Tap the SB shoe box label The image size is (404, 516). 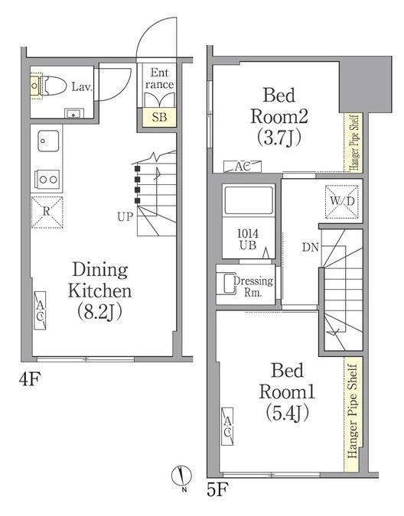click(x=159, y=117)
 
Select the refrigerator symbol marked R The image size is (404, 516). click(x=47, y=212)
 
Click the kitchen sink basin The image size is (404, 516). click(x=48, y=141)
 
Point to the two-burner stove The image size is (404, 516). click(x=47, y=180)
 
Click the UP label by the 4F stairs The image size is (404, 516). click(x=125, y=216)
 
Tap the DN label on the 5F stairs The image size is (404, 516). click(x=311, y=247)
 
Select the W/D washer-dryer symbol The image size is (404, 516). click(x=342, y=201)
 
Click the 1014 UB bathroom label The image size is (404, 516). click(x=248, y=239)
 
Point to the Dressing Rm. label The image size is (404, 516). click(x=252, y=287)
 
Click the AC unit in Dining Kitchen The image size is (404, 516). click(x=40, y=310)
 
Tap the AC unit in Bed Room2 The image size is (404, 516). click(x=243, y=167)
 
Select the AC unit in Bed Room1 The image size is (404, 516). click(x=227, y=427)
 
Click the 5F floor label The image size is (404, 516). click(x=217, y=490)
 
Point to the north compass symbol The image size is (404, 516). click(x=181, y=475)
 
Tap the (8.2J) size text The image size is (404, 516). click(x=99, y=312)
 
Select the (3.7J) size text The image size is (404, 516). click(x=279, y=138)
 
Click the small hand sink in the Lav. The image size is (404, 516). click(x=74, y=114)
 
